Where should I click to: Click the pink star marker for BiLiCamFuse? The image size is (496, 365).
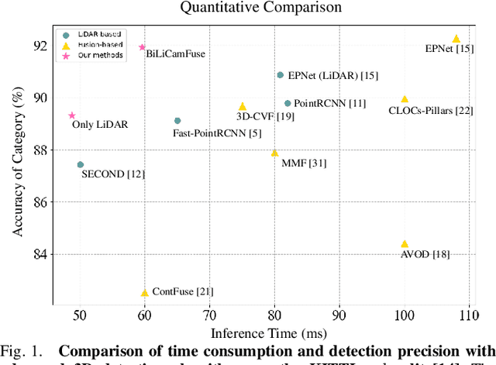(142, 47)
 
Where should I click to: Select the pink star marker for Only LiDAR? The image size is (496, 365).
(72, 115)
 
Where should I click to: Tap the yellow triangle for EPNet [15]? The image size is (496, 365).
(456, 39)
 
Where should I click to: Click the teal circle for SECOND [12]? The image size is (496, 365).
(80, 164)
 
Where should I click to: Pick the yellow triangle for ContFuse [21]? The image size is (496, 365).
(144, 293)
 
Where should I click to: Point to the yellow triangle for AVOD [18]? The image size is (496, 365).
(405, 243)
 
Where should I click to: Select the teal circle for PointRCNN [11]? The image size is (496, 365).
(288, 103)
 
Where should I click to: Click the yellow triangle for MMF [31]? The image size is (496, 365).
(274, 153)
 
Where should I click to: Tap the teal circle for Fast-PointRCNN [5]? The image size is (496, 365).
(177, 121)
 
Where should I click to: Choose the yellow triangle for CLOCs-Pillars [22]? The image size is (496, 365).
(405, 99)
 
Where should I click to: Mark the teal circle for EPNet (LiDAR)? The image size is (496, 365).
(281, 75)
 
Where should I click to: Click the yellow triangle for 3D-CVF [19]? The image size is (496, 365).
(243, 106)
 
